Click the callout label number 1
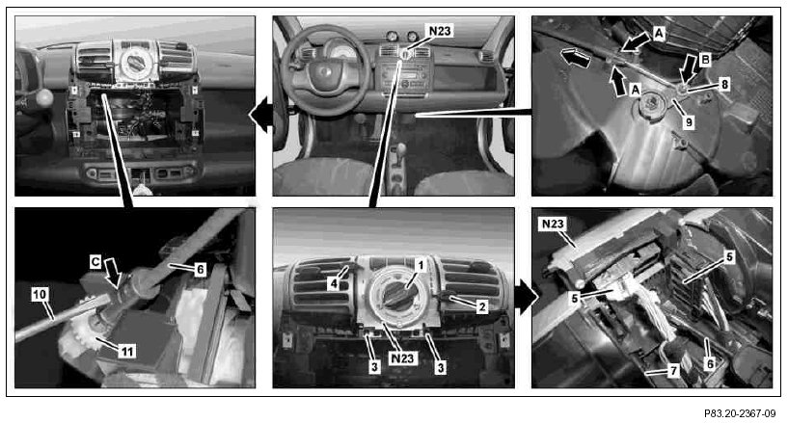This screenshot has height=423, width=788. (x=421, y=265)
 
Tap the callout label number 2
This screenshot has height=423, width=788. (x=481, y=306)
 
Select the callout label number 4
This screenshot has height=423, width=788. (x=334, y=284)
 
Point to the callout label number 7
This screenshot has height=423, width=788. (x=672, y=371)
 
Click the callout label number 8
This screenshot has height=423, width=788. (x=724, y=84)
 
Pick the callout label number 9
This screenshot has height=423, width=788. (x=689, y=121)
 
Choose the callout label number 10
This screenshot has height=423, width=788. (x=40, y=295)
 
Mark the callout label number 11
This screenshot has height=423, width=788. (x=126, y=352)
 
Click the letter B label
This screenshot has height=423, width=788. (x=706, y=60)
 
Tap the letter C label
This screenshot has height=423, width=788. (x=95, y=261)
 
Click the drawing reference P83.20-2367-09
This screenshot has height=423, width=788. (x=739, y=414)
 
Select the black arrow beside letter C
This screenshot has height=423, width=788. (x=114, y=272)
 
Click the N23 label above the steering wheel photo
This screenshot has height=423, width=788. (x=440, y=31)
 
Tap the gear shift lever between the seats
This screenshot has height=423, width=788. (x=401, y=150)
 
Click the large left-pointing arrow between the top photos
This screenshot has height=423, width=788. (x=260, y=116)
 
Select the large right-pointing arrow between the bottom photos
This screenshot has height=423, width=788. (x=526, y=297)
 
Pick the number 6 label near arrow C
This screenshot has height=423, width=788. (x=200, y=270)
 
